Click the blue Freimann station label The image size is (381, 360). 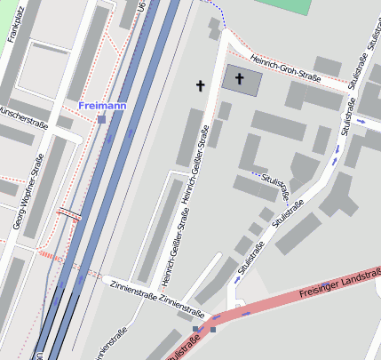[x=103, y=106]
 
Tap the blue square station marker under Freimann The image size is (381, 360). [x=102, y=118]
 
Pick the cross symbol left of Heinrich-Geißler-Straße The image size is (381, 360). [x=201, y=85]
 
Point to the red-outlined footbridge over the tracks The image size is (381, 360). [x=68, y=213]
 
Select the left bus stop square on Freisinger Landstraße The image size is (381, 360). [x=196, y=328]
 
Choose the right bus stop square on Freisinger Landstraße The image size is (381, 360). [x=213, y=329]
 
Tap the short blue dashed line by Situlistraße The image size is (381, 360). [x=257, y=172]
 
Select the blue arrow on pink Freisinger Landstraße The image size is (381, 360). [x=245, y=313]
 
